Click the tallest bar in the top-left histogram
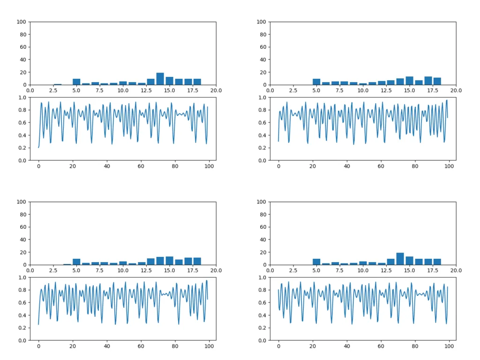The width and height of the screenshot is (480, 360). [x=160, y=79]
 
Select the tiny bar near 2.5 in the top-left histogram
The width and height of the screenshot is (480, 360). [x=58, y=84]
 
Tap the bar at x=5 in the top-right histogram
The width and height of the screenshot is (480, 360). [x=316, y=82]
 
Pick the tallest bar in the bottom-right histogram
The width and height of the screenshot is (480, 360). [x=400, y=259]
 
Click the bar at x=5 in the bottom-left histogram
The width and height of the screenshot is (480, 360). [x=76, y=262]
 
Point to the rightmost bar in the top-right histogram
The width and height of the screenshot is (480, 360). [x=437, y=81]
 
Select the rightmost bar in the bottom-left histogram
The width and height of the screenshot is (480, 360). [x=197, y=261]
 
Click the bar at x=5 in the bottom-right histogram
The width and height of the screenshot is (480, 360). [x=316, y=262]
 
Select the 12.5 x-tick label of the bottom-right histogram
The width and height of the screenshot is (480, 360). [x=386, y=270]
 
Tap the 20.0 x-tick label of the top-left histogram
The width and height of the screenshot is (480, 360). [x=216, y=90]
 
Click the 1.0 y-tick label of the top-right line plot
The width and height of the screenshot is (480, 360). [x=262, y=97]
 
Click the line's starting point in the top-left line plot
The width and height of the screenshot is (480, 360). [x=38, y=148]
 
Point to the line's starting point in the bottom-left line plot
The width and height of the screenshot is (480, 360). [x=38, y=324]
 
